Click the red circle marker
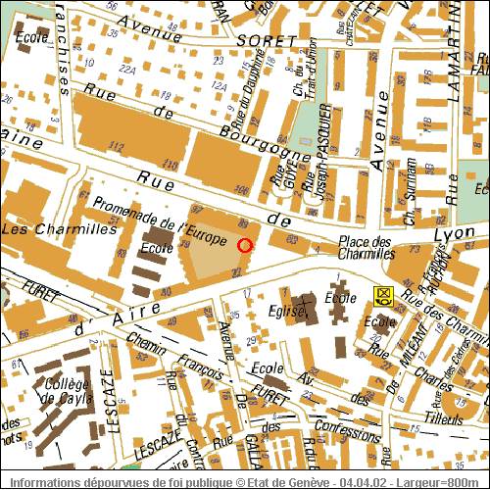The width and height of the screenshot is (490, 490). pyautogui.click(x=245, y=245)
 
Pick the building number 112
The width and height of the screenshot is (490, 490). pyautogui.click(x=118, y=146)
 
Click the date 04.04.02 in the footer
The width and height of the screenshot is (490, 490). pyautogui.click(x=366, y=481)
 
